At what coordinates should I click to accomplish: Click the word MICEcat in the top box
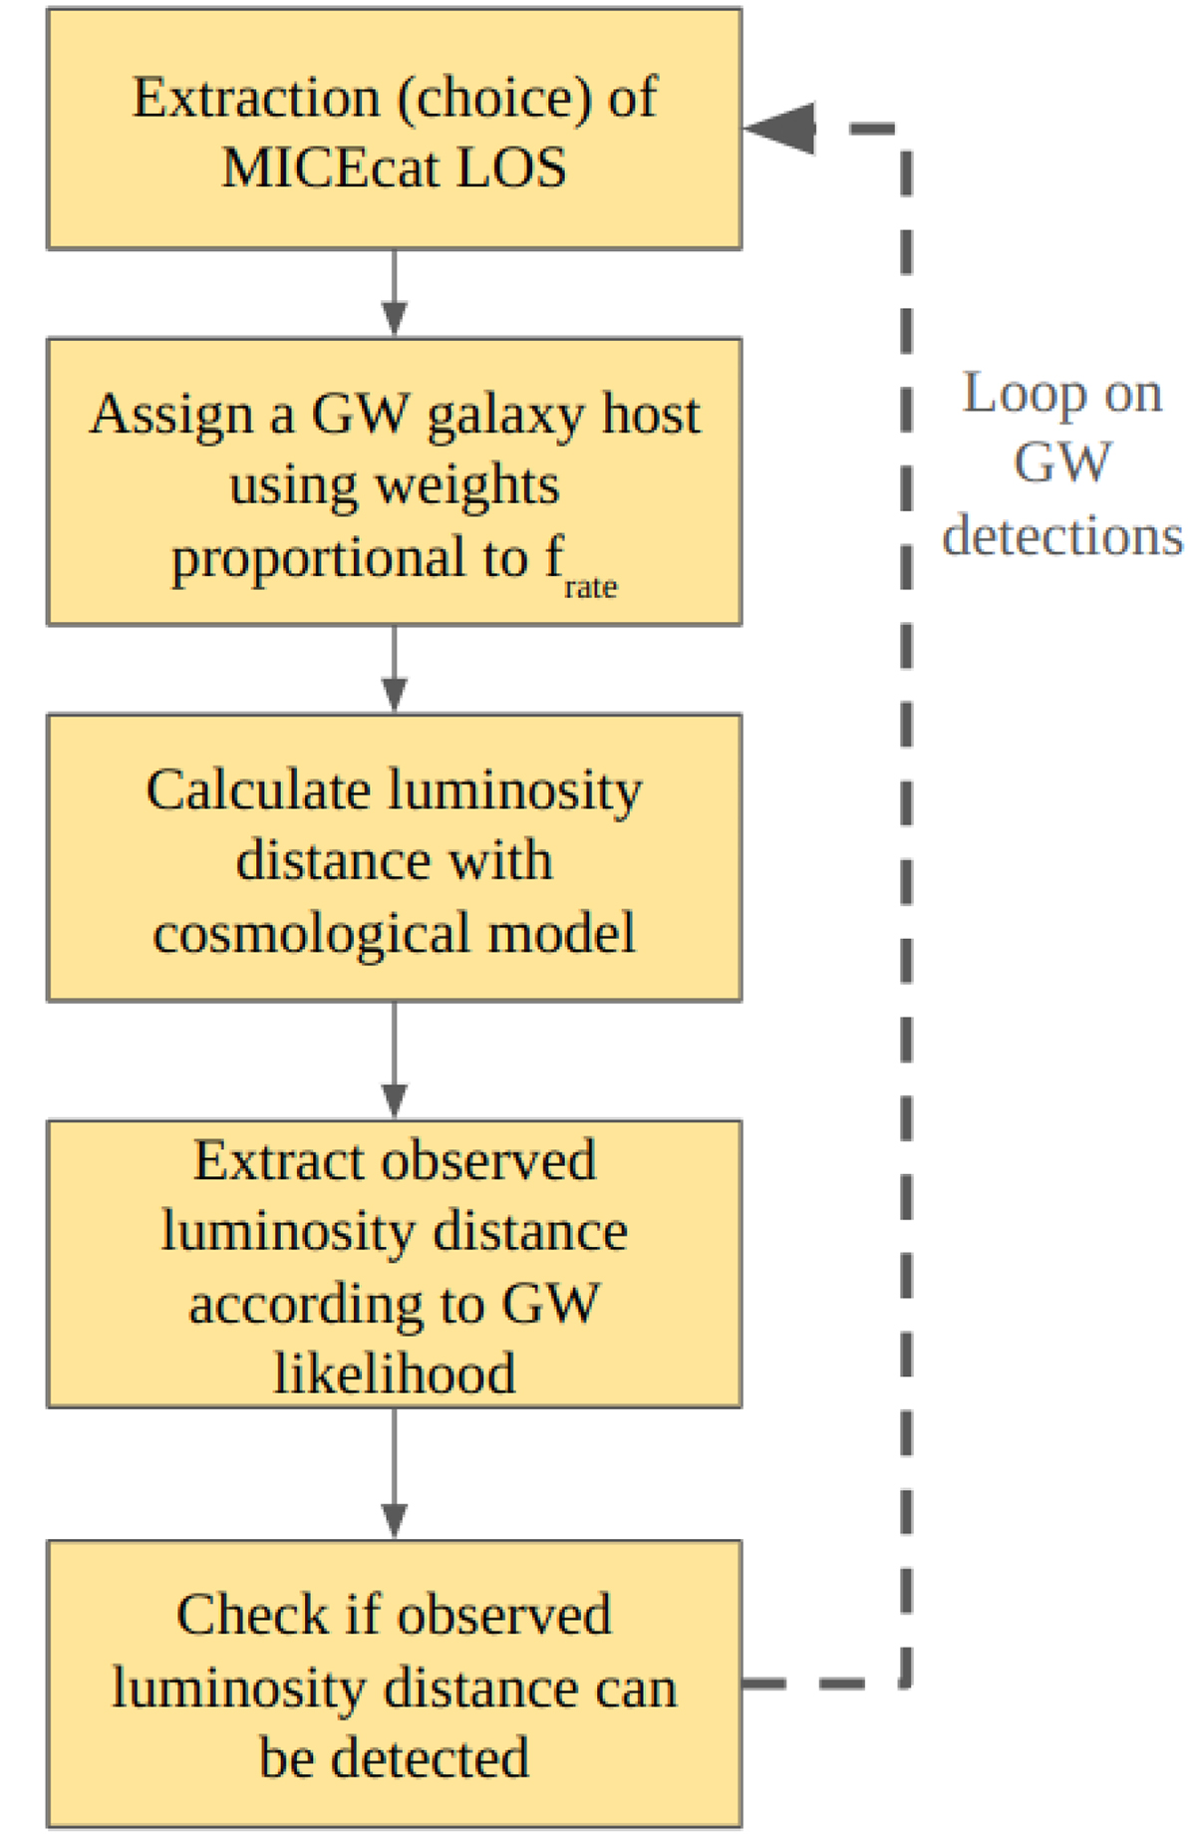(330, 167)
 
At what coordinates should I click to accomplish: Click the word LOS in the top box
(511, 167)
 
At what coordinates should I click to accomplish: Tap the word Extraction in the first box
(256, 98)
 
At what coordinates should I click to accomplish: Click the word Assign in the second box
(171, 414)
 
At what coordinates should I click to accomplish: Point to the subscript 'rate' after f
(590, 588)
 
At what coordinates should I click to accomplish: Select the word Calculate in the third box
(259, 790)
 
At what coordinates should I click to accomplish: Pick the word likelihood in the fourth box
(395, 1374)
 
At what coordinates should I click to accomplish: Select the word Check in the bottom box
(251, 1615)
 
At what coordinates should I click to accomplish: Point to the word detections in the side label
(1062, 535)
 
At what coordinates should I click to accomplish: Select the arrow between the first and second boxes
(395, 294)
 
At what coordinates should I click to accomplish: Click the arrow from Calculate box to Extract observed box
(395, 1061)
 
